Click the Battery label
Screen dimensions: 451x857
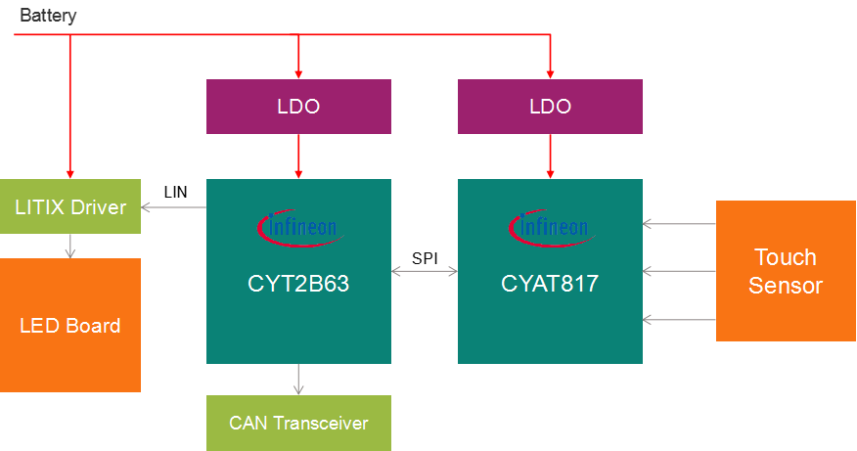[x=48, y=16]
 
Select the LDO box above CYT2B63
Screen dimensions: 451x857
[x=298, y=107]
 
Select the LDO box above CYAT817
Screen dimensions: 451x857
[x=550, y=107]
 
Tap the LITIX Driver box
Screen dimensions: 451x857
[x=70, y=206]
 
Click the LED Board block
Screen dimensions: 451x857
[x=70, y=325]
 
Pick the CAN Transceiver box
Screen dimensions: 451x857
[x=298, y=423]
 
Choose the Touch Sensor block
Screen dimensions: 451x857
[x=786, y=271]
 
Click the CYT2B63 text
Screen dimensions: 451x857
[x=298, y=285]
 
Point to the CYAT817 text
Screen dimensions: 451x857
[x=550, y=285]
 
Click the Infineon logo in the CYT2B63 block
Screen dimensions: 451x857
[x=298, y=228]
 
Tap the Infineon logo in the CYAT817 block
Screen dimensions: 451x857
[x=550, y=228]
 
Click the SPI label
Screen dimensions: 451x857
[x=425, y=258]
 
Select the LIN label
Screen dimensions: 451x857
[x=175, y=192]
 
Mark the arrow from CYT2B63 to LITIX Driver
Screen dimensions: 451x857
[x=174, y=206]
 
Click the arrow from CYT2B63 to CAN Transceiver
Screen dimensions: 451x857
[x=298, y=379]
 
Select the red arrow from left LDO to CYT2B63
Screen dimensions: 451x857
[x=298, y=157]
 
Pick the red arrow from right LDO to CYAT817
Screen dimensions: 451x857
[x=550, y=157]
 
